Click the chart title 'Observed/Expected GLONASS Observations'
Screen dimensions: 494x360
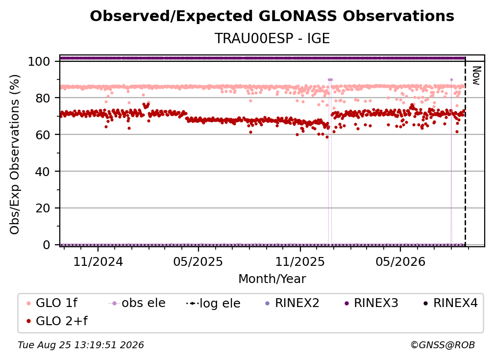tap(272, 16)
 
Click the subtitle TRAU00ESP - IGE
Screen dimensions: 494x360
tap(272, 38)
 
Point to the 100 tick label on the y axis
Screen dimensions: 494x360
tap(39, 61)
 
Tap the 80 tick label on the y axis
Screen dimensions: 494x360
tap(43, 98)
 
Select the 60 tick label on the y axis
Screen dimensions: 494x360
tap(43, 134)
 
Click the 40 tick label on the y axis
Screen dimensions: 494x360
tap(43, 172)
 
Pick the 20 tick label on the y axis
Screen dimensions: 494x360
tap(43, 208)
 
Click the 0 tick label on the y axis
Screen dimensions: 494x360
tap(47, 245)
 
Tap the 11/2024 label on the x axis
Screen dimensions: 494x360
tap(98, 261)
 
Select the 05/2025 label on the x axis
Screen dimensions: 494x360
tap(198, 261)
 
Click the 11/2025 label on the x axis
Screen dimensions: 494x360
tap(300, 261)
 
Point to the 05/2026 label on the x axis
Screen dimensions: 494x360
tap(400, 261)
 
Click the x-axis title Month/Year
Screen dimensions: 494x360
tap(272, 279)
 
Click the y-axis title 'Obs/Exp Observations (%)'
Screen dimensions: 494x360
tap(15, 154)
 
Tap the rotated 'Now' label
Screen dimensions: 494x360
tap(476, 76)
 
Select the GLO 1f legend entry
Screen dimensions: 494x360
tap(52, 303)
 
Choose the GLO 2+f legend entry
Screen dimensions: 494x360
tap(57, 321)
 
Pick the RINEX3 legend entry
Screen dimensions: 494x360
tap(371, 303)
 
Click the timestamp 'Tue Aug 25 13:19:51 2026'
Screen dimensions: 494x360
tap(81, 345)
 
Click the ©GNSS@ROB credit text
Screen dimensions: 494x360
tap(443, 345)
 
